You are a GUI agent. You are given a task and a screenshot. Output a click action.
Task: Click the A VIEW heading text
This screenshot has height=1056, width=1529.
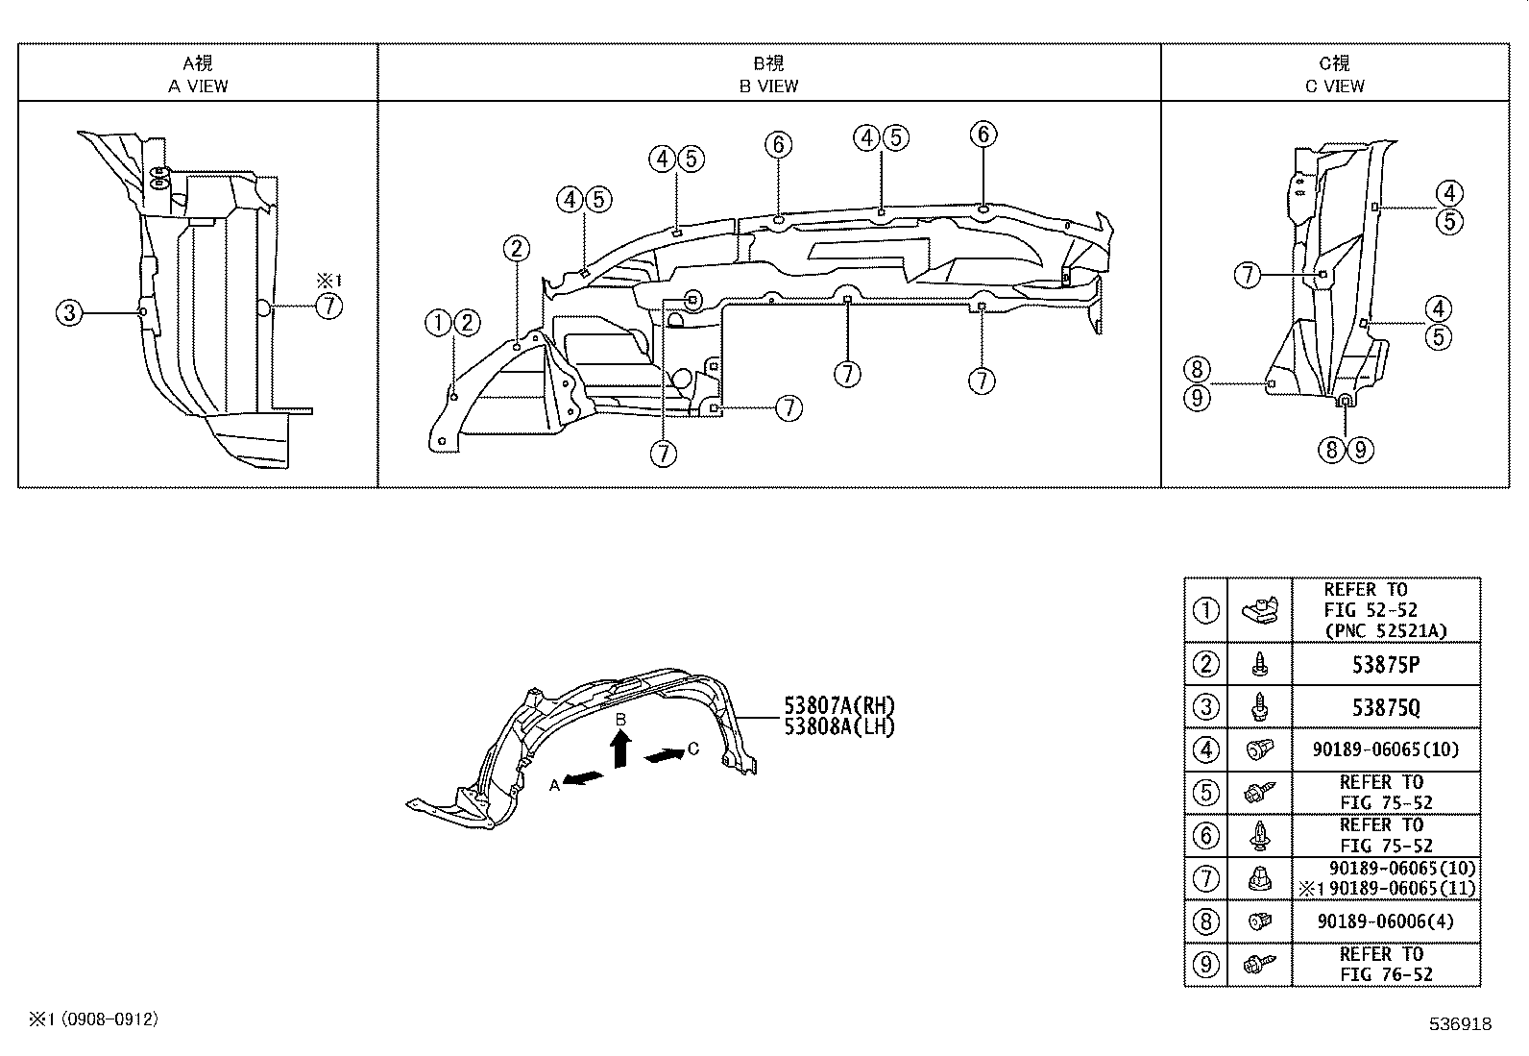[198, 86]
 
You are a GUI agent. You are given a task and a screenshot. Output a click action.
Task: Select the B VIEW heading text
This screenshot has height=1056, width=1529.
[768, 86]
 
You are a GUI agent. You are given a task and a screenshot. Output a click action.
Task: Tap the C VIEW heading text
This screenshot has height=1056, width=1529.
[1334, 86]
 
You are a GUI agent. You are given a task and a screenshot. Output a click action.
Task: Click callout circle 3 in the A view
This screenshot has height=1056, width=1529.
[70, 311]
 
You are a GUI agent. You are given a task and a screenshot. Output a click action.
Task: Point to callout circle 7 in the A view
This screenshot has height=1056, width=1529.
[328, 307]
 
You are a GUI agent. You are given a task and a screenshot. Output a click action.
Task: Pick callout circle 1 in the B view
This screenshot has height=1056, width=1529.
[438, 323]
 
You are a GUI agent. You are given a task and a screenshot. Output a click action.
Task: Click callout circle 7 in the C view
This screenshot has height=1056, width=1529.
[1248, 275]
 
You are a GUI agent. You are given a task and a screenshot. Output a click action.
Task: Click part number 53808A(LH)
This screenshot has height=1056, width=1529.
[838, 726]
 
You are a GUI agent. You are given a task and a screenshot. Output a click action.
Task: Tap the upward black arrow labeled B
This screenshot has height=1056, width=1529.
[621, 748]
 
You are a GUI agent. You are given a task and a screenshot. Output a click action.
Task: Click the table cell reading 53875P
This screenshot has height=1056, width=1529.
[1385, 664]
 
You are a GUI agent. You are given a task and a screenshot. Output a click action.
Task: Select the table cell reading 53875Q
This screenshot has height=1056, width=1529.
[1385, 707]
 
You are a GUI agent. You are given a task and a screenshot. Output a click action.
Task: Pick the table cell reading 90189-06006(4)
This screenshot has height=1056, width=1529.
[1385, 921]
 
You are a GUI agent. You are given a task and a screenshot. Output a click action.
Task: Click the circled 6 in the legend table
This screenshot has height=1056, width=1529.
[1205, 835]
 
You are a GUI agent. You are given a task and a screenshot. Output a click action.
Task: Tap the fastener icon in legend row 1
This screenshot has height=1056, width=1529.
[1259, 609]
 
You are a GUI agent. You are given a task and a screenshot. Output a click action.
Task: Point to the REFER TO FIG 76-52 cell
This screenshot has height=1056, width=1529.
[1385, 964]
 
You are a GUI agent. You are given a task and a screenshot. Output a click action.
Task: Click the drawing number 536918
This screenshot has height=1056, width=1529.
[1459, 1024]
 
